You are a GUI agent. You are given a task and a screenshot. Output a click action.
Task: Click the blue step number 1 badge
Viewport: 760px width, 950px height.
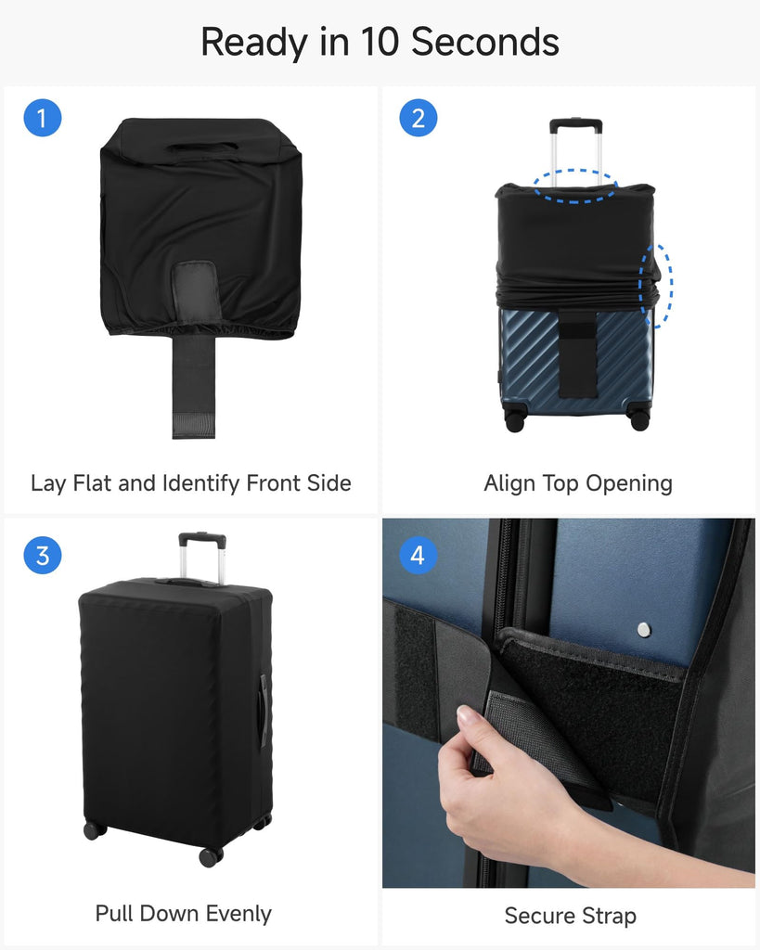[x=43, y=118]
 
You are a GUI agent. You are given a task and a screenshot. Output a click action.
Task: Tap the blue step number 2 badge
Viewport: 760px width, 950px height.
[x=419, y=118]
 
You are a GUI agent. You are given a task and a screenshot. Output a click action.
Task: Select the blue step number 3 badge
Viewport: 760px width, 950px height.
[x=43, y=555]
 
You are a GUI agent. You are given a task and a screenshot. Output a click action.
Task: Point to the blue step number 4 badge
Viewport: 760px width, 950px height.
[x=419, y=555]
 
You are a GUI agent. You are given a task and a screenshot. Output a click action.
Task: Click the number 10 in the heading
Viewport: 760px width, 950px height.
[x=380, y=43]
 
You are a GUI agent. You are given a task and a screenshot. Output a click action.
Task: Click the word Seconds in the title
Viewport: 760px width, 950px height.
[x=484, y=43]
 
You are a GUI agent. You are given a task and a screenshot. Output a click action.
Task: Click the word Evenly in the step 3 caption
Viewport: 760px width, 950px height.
[x=238, y=914]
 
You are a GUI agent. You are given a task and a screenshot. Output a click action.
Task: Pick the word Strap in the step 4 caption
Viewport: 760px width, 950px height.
[x=609, y=916]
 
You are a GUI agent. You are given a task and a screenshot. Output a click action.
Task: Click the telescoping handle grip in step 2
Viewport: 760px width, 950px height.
[x=575, y=124]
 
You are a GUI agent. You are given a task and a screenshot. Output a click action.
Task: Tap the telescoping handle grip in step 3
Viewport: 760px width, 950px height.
[x=202, y=538]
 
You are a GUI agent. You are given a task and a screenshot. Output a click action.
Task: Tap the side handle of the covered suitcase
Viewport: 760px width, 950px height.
[x=264, y=712]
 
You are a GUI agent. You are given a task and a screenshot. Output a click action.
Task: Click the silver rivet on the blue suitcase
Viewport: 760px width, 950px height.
[x=644, y=630]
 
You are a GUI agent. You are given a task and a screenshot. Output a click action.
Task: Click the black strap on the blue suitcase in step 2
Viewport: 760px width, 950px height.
[x=577, y=353]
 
